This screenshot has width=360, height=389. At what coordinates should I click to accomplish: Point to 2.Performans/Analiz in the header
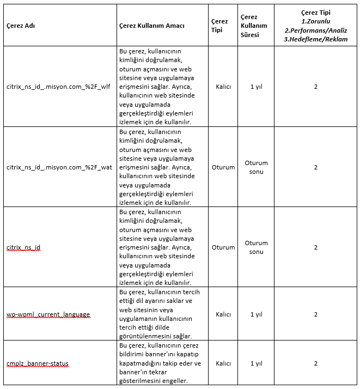pyautogui.click(x=316, y=30)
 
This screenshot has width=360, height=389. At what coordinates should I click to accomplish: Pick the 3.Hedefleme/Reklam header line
pyautogui.click(x=316, y=39)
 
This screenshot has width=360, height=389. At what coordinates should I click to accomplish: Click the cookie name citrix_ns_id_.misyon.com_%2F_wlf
pyautogui.click(x=59, y=87)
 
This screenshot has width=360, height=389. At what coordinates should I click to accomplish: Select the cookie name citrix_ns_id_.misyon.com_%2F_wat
pyautogui.click(x=59, y=167)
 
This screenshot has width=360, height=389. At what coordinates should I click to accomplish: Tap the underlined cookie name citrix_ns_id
pyautogui.click(x=23, y=247)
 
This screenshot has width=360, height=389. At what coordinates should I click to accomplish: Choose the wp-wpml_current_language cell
pyautogui.click(x=48, y=314)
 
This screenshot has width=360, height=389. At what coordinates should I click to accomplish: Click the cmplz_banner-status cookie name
pyautogui.click(x=38, y=363)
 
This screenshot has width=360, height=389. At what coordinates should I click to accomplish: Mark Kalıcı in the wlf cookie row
pyautogui.click(x=223, y=87)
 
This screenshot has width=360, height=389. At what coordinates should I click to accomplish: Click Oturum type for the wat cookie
pyautogui.click(x=223, y=167)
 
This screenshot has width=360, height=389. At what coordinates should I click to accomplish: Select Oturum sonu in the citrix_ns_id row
pyautogui.click(x=256, y=247)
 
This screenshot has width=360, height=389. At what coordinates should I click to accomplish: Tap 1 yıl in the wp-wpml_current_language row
pyautogui.click(x=256, y=314)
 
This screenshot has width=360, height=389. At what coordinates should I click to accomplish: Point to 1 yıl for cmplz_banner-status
pyautogui.click(x=256, y=363)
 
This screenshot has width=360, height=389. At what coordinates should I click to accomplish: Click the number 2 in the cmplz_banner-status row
pyautogui.click(x=316, y=363)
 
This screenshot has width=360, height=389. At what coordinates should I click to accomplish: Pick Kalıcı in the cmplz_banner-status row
pyautogui.click(x=223, y=363)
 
